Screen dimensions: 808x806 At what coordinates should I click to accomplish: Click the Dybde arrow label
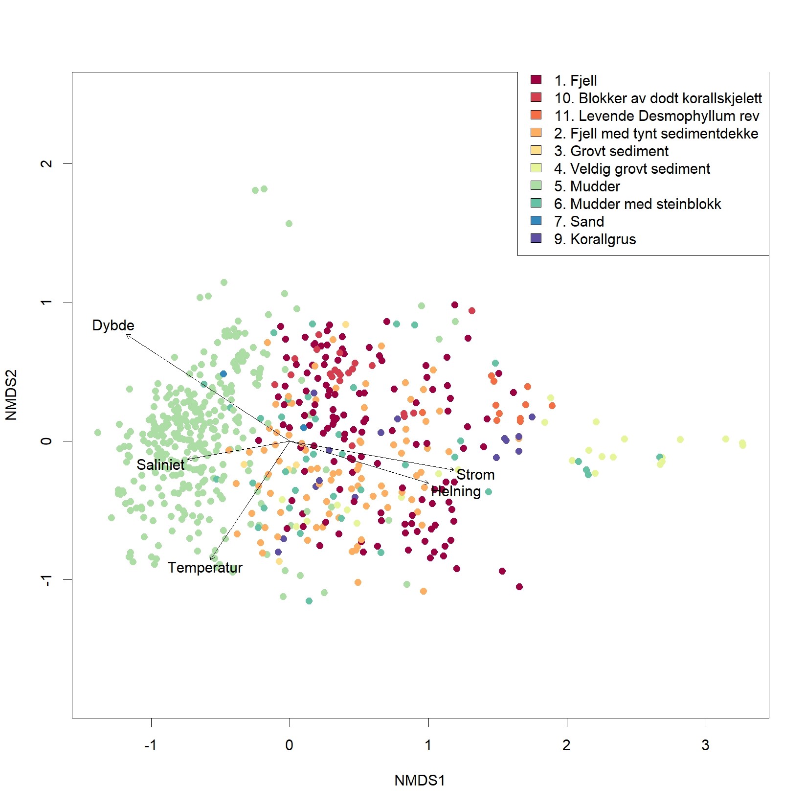(113, 325)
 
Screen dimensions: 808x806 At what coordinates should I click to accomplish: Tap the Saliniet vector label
(160, 464)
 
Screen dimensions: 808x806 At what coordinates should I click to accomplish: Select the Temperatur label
(205, 568)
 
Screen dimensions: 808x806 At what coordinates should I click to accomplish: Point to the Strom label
(475, 475)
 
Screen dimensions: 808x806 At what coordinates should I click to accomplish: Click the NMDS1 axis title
(420, 780)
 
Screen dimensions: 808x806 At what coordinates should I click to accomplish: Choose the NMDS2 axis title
(11, 395)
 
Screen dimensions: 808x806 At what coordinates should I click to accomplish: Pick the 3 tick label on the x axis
(705, 745)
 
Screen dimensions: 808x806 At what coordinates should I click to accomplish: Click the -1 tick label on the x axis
(150, 745)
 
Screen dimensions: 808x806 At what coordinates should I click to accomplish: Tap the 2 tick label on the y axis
(46, 163)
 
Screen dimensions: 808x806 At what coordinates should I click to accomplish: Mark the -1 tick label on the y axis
(46, 580)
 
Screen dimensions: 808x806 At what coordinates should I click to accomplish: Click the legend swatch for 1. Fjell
(536, 80)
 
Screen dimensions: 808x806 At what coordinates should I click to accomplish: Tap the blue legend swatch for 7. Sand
(536, 221)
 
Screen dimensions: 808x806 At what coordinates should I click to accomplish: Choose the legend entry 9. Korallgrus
(595, 239)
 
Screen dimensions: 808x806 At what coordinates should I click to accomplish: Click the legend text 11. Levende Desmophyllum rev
(656, 116)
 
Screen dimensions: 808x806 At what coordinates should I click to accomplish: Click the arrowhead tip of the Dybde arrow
(127, 335)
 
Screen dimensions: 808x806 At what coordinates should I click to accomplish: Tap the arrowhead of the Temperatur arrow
(211, 559)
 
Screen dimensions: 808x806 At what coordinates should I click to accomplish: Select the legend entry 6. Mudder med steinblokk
(637, 204)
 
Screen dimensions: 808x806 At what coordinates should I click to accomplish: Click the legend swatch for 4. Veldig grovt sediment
(536, 168)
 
